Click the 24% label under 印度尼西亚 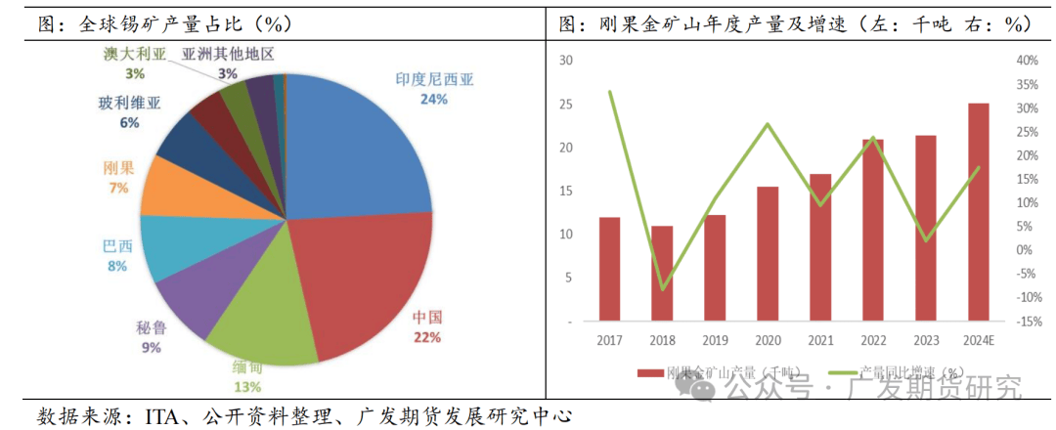click(x=434, y=99)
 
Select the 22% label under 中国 click(x=427, y=337)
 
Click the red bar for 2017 click(x=609, y=269)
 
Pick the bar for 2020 click(x=768, y=253)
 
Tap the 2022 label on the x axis click(x=872, y=339)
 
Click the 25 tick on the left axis click(x=565, y=104)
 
